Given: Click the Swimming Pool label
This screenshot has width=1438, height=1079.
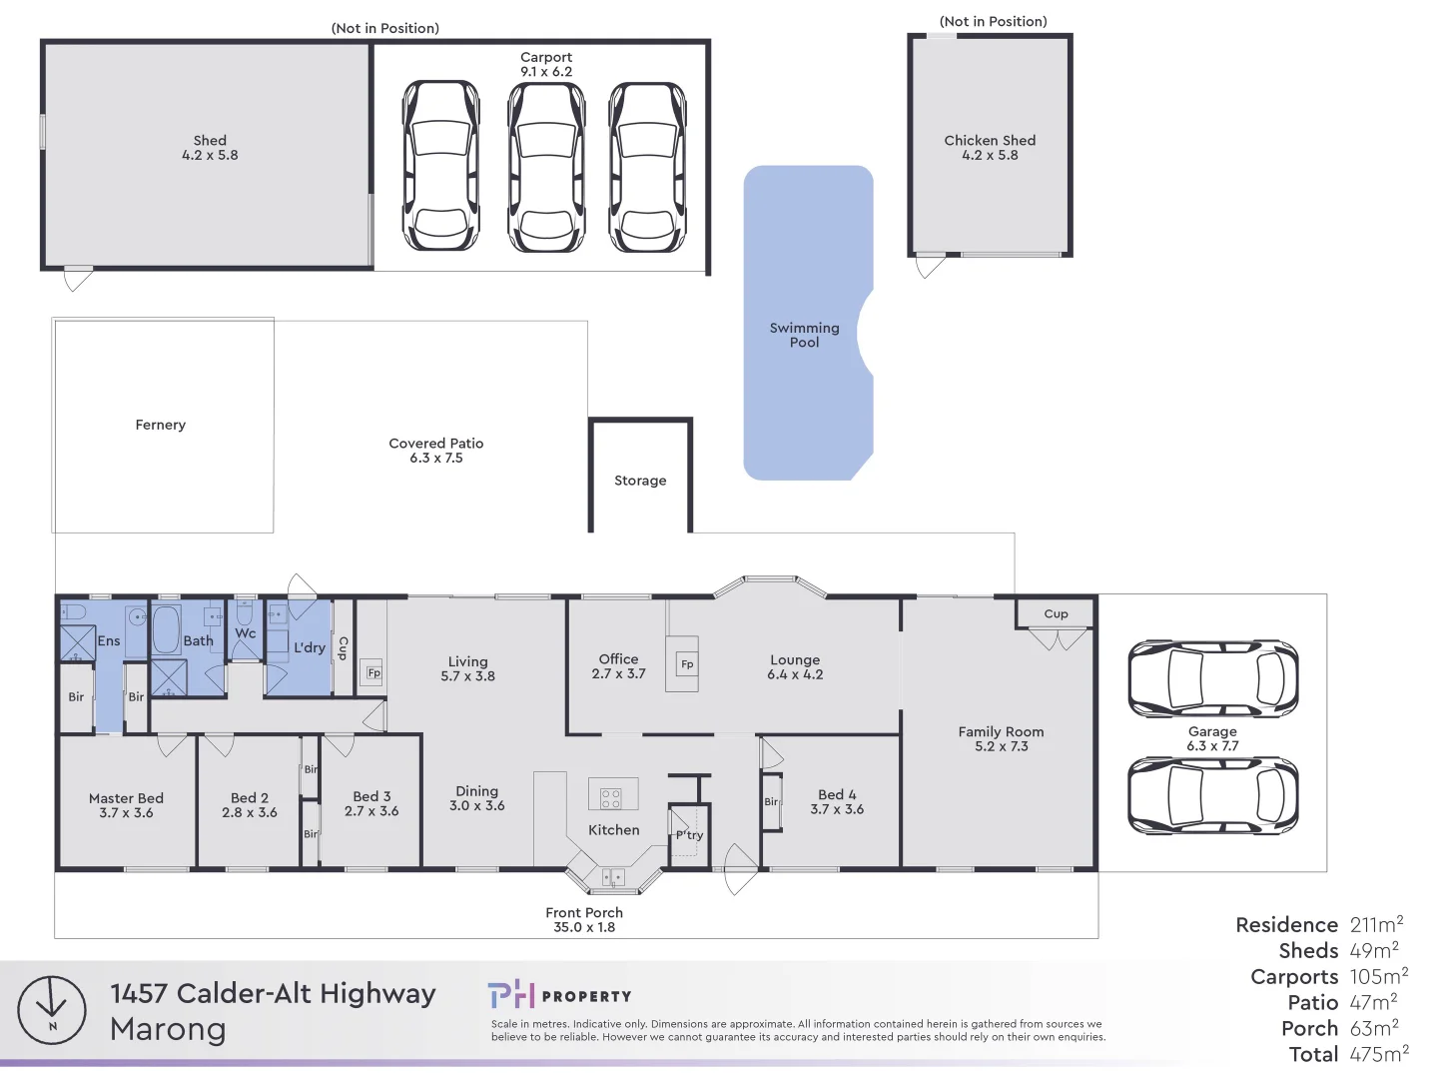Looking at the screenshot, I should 804,335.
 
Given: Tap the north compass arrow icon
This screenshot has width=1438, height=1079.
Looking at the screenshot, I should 52,1010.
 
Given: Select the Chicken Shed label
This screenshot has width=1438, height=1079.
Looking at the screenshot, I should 990,141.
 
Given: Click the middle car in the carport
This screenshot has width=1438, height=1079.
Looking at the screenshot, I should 546,167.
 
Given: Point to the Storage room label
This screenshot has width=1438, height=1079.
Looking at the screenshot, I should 640,481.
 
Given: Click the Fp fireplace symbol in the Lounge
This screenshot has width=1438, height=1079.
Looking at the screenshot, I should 687,664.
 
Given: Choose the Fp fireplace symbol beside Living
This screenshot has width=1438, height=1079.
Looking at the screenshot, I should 373,672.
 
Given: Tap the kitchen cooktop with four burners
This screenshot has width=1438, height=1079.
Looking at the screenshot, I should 611,797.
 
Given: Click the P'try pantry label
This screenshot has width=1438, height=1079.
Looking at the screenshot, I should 689,835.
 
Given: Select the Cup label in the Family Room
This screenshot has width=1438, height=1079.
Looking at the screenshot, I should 1056,614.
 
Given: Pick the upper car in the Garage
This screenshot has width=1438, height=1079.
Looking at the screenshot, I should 1212,679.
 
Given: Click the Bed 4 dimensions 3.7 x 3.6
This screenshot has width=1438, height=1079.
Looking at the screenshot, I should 837,810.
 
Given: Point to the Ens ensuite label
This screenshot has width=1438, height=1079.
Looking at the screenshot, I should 109,641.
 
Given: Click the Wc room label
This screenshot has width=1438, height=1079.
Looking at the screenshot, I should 246,633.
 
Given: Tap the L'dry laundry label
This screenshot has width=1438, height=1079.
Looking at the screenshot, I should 310,647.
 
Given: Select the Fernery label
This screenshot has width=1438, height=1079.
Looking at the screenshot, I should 161,425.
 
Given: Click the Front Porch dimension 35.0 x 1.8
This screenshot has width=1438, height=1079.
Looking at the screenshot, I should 584,928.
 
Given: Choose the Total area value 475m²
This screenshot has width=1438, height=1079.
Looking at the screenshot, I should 1379,1054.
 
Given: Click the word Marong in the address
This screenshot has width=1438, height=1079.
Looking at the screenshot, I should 168,1029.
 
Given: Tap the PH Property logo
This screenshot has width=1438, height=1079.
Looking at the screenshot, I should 559,995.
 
